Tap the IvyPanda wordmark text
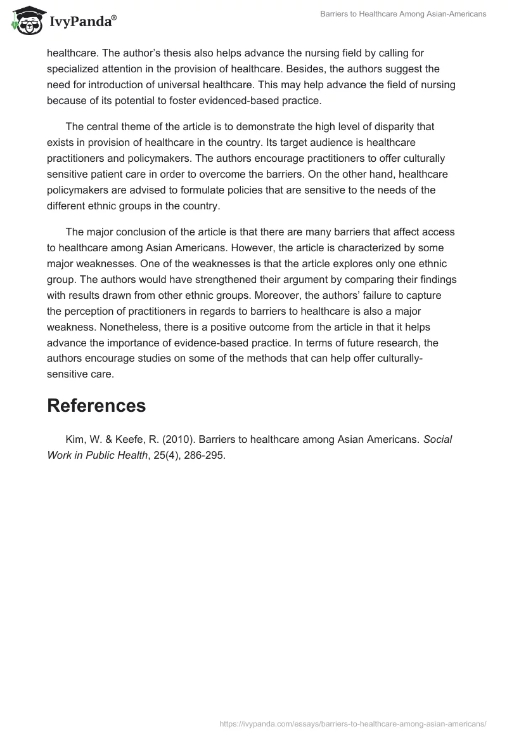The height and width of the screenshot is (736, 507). (82, 22)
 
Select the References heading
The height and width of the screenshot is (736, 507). (96, 405)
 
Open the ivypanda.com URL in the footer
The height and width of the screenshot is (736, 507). (352, 723)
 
